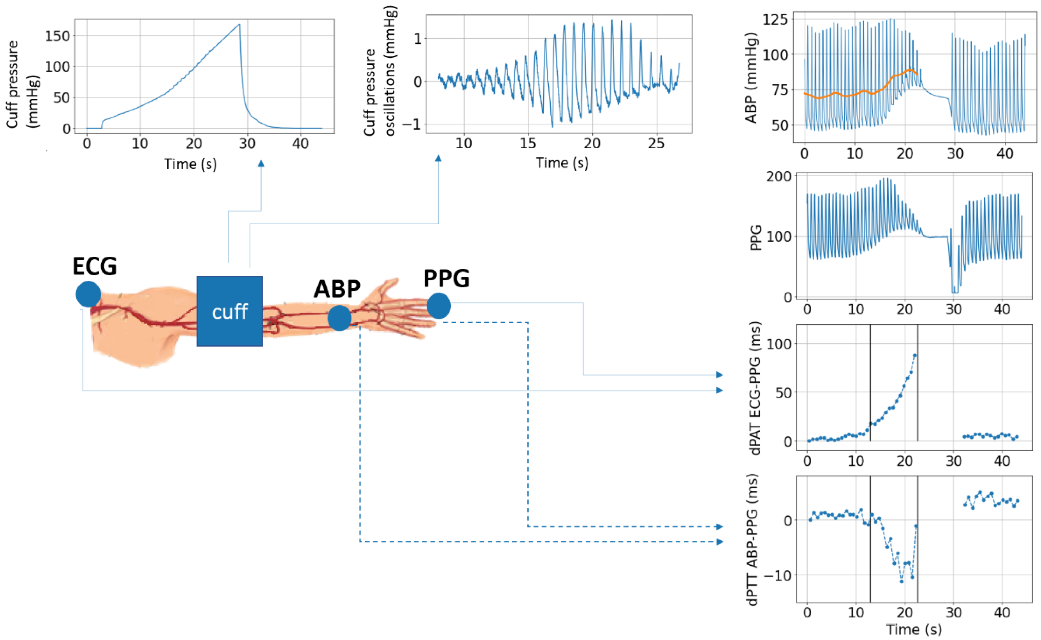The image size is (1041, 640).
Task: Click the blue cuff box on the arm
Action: point(229,311)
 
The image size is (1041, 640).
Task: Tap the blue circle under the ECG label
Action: point(88,294)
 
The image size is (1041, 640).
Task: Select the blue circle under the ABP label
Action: point(339,318)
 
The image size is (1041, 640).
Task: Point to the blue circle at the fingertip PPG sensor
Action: point(439,306)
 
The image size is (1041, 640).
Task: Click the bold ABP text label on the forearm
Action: point(337,290)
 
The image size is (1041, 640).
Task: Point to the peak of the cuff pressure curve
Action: point(240,24)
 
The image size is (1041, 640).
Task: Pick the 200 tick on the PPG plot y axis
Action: point(778,176)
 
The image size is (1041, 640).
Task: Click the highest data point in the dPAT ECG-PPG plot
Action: point(915,355)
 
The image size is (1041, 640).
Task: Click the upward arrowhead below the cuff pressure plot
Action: point(261,164)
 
